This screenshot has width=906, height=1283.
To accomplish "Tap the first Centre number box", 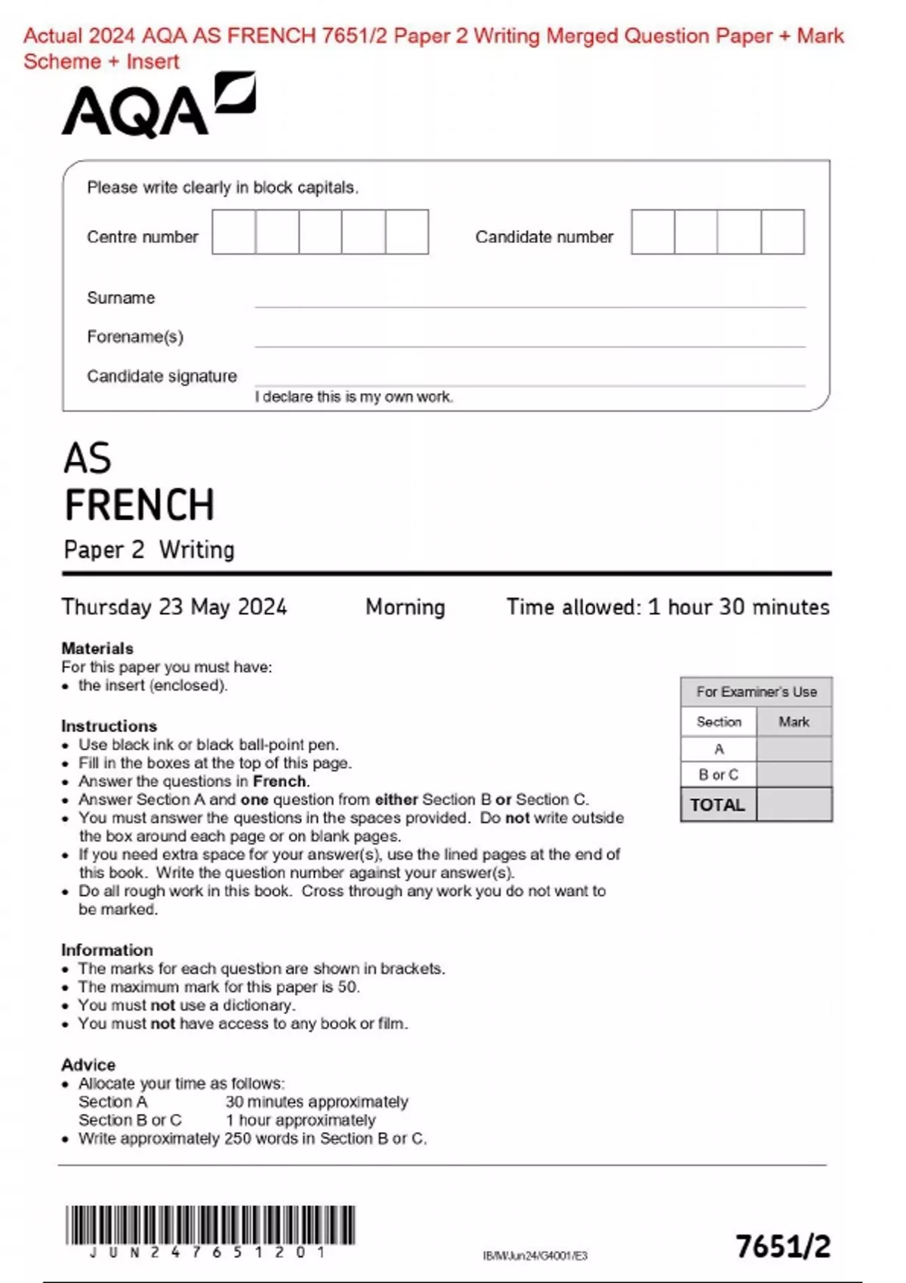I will (233, 232).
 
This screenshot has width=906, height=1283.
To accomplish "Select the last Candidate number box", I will (782, 232).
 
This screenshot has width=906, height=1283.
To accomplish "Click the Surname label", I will (121, 298).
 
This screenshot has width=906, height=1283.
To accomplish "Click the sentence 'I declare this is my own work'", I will (353, 397).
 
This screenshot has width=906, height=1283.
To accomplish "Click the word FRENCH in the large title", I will (140, 505).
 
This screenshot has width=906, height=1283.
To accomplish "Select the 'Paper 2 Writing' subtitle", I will (149, 549).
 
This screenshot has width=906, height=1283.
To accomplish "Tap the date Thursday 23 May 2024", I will (174, 607).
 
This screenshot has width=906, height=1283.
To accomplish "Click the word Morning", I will (405, 607).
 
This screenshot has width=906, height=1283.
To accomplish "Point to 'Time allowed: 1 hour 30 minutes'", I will (667, 607).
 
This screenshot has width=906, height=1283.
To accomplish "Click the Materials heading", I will (97, 648).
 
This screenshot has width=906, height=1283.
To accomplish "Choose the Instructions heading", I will (109, 726).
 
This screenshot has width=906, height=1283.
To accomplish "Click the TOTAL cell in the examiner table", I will (717, 805).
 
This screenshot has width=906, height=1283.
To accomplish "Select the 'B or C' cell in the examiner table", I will (718, 774).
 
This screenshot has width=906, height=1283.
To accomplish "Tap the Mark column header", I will (794, 721).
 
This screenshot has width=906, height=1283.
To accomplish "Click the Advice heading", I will (88, 1065).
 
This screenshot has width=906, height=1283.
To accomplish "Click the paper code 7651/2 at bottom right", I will (783, 1247).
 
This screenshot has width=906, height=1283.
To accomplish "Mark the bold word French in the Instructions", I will (279, 781).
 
